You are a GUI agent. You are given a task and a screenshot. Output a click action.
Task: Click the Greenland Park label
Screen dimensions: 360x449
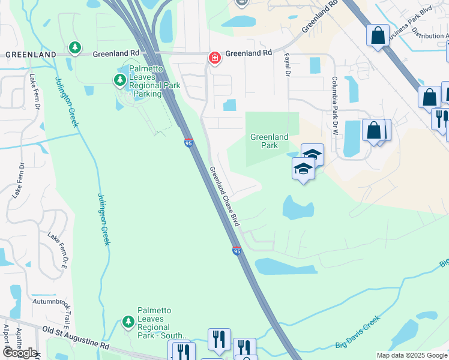coord(268,141)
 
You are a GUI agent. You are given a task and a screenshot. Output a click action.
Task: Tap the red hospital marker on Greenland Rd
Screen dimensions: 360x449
coord(214,58)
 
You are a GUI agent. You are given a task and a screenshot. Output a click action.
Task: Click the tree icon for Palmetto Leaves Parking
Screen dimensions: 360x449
coord(119,80)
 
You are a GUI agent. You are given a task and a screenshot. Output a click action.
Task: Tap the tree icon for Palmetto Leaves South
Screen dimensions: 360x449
coord(128,322)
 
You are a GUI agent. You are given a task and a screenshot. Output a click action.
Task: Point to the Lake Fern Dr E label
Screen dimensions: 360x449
coord(57,251)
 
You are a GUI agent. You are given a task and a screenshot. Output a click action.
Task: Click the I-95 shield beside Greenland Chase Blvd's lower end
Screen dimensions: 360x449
coord(237,251)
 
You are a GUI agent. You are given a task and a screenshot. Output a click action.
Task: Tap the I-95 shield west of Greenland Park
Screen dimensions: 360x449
coord(188,142)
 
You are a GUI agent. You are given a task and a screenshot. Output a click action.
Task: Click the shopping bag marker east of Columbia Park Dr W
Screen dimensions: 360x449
coord(374,130)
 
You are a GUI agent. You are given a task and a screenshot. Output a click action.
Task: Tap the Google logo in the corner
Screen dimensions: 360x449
coord(20,353)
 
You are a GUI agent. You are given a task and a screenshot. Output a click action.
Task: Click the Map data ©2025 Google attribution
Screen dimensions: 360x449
coord(412,355)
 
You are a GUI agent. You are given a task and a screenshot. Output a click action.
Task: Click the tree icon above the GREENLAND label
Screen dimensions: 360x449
coord(74,47)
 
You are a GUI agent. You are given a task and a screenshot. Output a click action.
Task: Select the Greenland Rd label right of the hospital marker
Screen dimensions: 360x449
coord(249,53)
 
